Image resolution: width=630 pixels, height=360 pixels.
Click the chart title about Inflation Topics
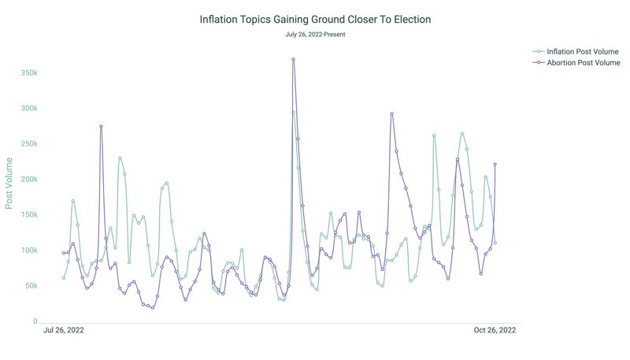315,19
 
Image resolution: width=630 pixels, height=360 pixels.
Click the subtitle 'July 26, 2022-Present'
315,35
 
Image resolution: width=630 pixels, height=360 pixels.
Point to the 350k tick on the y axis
29,72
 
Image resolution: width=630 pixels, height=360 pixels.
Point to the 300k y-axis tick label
29,109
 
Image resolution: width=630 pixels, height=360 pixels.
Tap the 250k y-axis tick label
29,144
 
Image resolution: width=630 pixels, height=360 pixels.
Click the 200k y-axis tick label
29,180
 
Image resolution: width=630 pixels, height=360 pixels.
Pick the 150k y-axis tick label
29,215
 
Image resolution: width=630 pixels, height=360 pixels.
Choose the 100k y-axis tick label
29,251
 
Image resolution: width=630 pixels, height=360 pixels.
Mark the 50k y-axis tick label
31,286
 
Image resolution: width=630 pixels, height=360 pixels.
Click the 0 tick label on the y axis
35,321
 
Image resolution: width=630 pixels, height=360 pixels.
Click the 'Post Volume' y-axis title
9,183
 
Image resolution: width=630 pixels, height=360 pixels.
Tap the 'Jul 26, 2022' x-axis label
64,330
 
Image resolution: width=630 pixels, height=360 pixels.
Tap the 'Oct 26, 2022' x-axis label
495,330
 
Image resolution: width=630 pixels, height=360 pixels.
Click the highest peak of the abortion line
294,59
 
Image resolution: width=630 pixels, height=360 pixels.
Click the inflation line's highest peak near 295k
294,112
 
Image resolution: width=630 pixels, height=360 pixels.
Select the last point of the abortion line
495,165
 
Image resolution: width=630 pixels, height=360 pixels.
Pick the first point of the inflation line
64,278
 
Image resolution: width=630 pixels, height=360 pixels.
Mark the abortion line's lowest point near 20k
153,308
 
